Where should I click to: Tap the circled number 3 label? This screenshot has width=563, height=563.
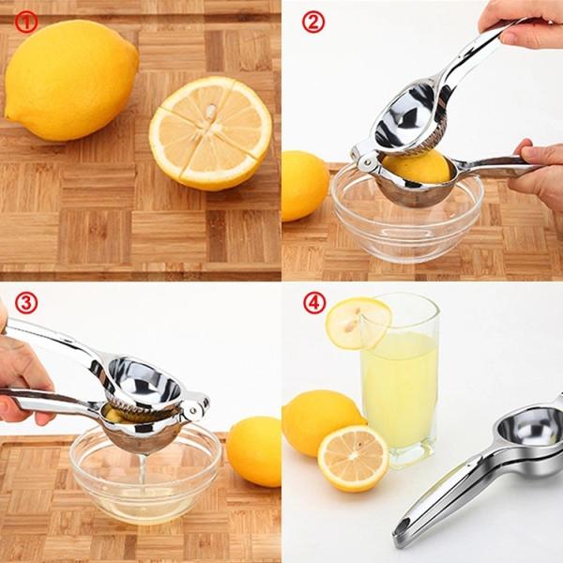tap(26, 303)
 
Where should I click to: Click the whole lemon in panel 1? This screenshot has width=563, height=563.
tap(70, 80)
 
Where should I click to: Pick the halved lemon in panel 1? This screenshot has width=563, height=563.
tap(210, 132)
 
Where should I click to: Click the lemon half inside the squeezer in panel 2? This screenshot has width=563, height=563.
tap(418, 166)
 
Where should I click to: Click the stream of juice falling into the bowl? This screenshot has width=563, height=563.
tap(142, 469)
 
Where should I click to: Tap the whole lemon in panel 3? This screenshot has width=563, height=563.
tap(255, 450)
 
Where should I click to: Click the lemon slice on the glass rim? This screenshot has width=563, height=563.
tap(358, 322)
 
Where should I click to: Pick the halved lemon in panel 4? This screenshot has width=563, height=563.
tap(353, 458)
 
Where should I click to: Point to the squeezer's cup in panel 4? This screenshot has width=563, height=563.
tap(526, 428)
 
